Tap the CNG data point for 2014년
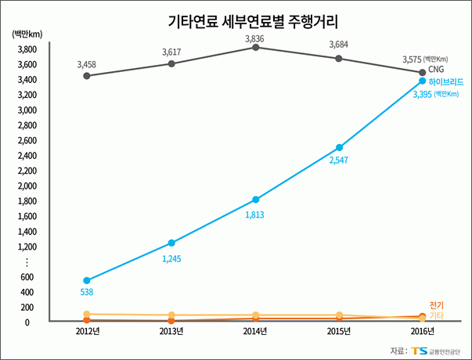pyautogui.click(x=255, y=48)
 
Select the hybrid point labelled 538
pyautogui.click(x=86, y=280)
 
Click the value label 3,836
pyautogui.click(x=255, y=38)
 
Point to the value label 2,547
pyautogui.click(x=339, y=160)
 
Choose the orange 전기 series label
pyautogui.click(x=437, y=305)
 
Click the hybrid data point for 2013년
pyautogui.click(x=171, y=243)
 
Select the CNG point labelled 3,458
pyautogui.click(x=86, y=76)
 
